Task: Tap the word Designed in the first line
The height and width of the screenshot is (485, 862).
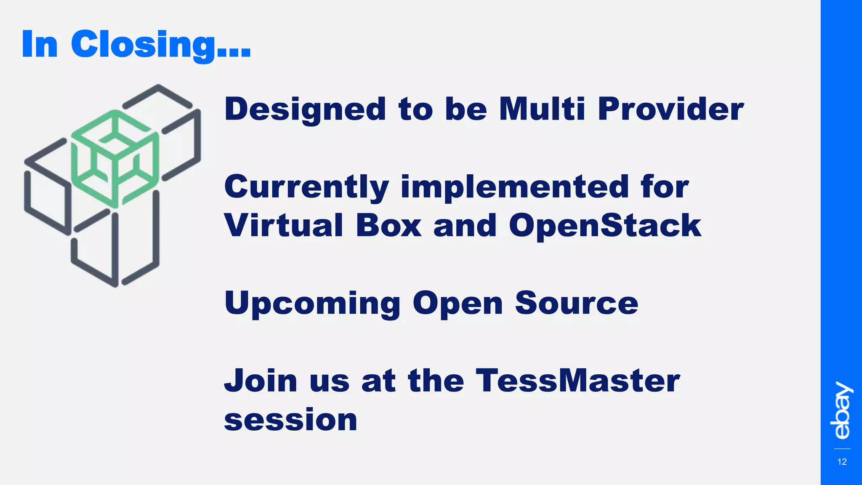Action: pyautogui.click(x=305, y=109)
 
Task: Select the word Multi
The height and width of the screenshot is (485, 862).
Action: pyautogui.click(x=542, y=109)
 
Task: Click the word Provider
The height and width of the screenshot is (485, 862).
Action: pyautogui.click(x=670, y=109)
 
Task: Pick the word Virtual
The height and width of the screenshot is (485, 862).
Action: pyautogui.click(x=284, y=225)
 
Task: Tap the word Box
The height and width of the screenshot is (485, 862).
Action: pyautogui.click(x=388, y=225)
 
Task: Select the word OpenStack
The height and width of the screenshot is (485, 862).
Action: pyautogui.click(x=605, y=225)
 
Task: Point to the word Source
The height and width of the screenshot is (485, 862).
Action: pyautogui.click(x=576, y=303)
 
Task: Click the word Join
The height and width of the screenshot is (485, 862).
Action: pyautogui.click(x=261, y=381)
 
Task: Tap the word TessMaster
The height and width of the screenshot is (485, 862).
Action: pyautogui.click(x=577, y=381)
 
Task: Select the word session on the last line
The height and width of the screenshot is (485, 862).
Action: pyautogui.click(x=290, y=420)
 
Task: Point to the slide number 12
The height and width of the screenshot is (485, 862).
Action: pyautogui.click(x=842, y=462)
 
